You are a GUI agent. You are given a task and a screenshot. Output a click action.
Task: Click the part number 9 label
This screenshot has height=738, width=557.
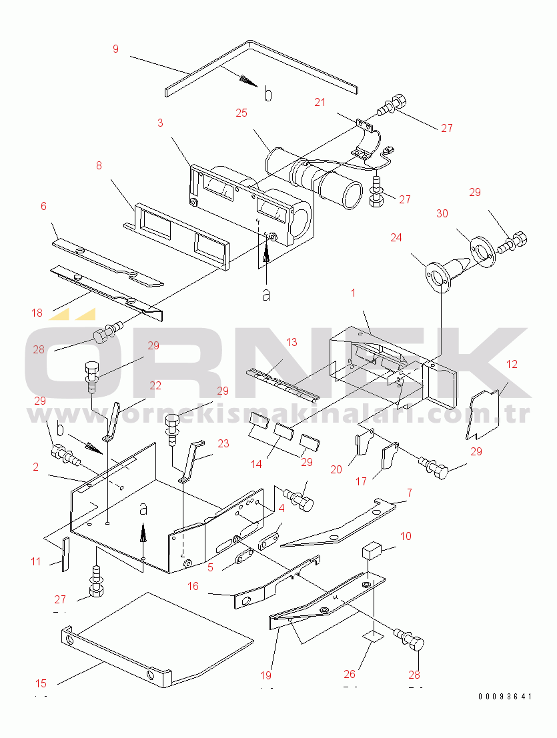coord(115,49)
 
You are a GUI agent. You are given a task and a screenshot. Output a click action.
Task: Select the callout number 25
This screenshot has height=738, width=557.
coord(241,113)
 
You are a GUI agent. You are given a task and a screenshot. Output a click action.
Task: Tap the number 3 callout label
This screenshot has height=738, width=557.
coord(160,123)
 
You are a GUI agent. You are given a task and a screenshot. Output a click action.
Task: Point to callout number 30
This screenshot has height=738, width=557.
coord(442,213)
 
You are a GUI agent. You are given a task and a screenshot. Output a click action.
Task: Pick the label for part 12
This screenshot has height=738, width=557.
coord(512,364)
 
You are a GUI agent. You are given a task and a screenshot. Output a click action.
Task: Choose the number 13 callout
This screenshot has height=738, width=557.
coord(291,343)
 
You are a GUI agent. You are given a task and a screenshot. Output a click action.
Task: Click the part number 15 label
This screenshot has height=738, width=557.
coord(41,683)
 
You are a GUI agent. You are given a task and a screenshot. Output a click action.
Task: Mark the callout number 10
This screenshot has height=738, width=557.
coord(406,536)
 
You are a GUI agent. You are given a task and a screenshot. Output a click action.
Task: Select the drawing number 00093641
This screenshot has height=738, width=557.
coord(505,697)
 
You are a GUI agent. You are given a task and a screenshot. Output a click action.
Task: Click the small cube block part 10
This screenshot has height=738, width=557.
coord(372,551)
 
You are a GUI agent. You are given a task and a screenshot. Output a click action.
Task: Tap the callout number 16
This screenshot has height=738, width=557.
coord(193,587)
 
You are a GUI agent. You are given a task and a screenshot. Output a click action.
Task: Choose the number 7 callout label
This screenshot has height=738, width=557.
coord(409,493)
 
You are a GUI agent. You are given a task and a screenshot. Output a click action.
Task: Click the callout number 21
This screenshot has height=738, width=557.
coord(320,102)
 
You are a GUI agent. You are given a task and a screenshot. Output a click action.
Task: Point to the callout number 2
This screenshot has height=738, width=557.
coord(35,467)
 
